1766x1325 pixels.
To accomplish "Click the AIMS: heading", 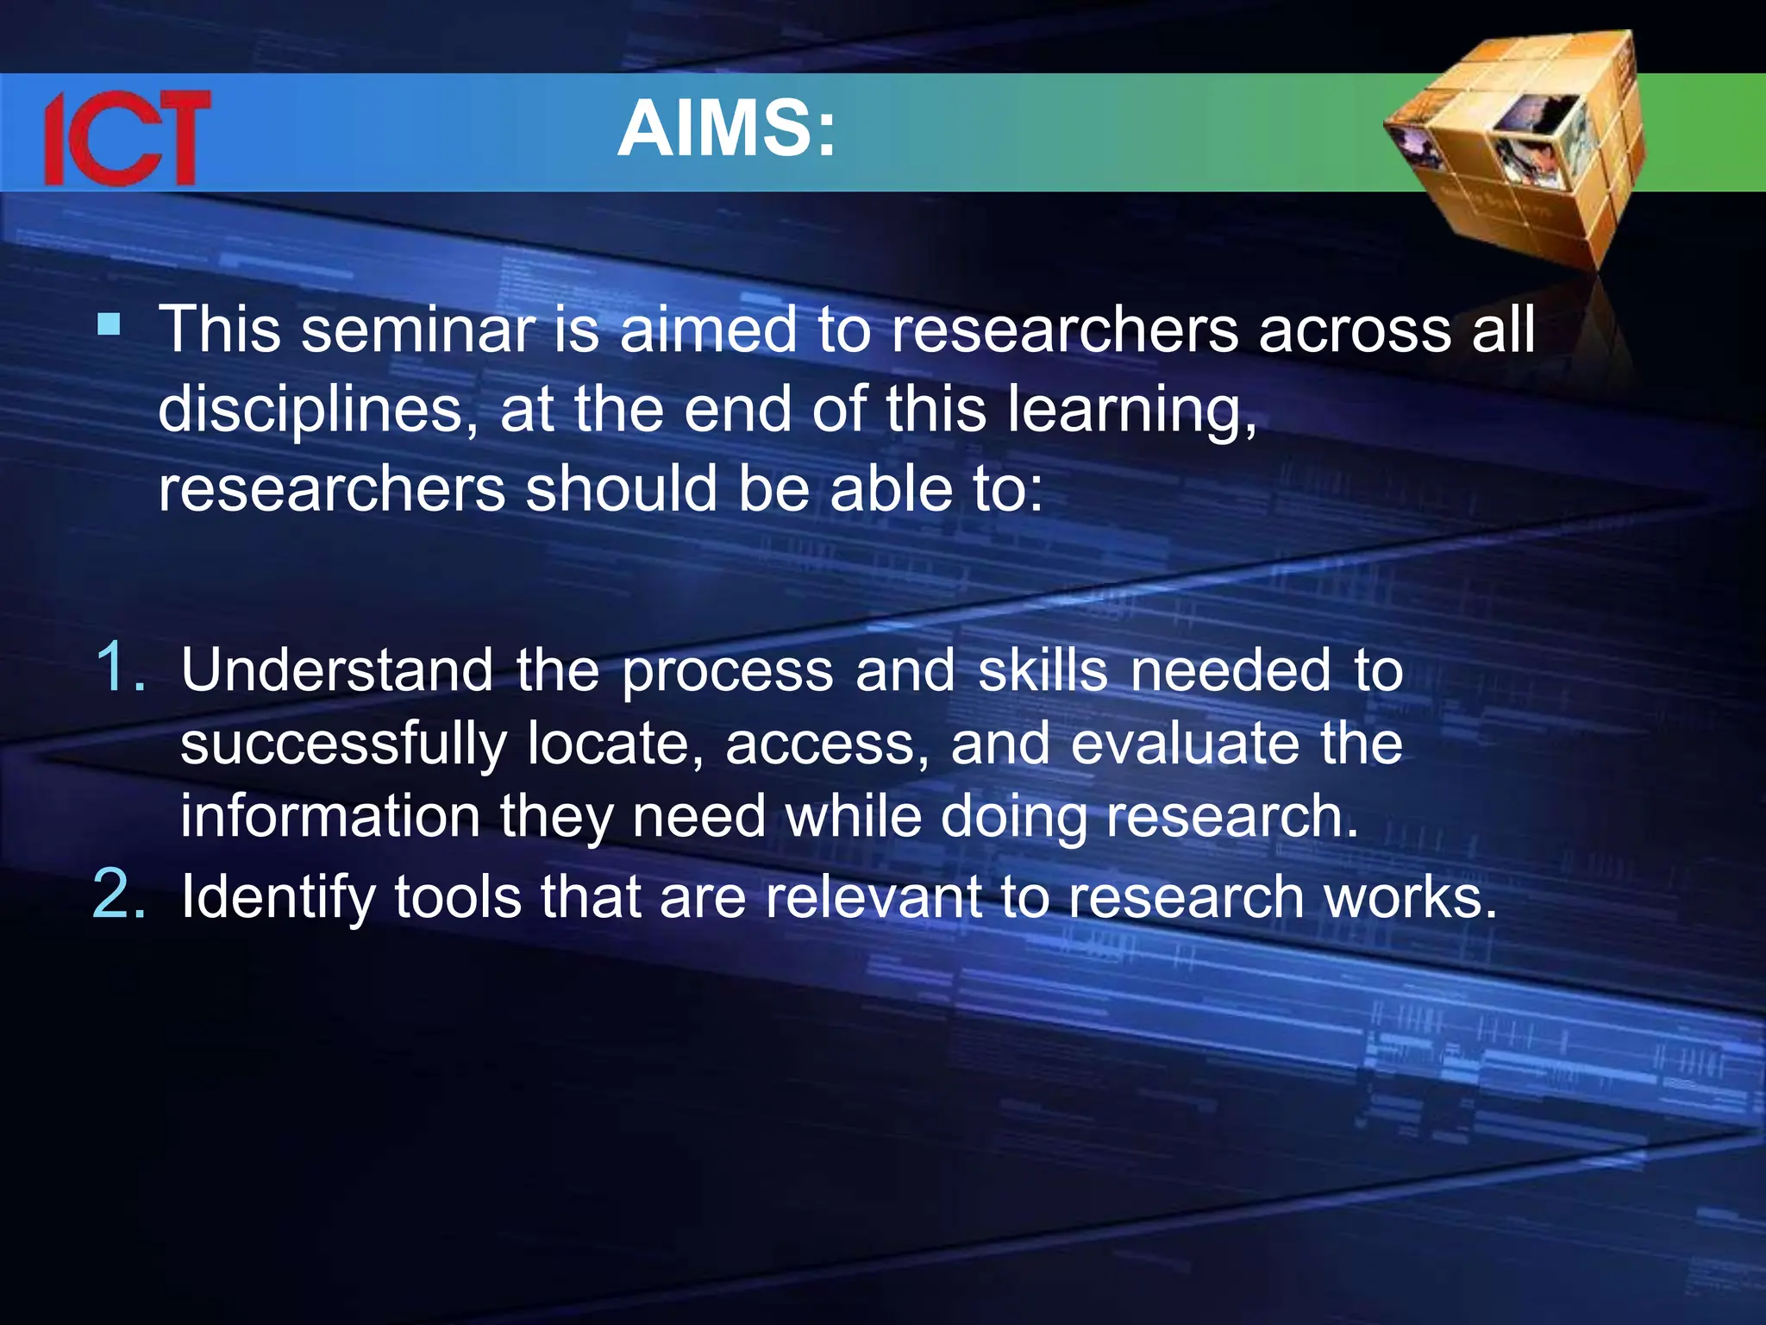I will point(727,129).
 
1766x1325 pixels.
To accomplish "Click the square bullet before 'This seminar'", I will point(109,325).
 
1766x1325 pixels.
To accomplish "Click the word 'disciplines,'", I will point(318,411).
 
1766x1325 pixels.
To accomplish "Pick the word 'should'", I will point(621,490).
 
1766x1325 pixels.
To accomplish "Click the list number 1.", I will point(119,668).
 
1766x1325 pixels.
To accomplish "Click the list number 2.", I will point(119,895).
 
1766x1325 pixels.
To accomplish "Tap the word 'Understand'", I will point(337,671).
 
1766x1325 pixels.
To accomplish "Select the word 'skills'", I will point(1043,671).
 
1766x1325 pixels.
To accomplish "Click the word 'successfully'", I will point(343,744).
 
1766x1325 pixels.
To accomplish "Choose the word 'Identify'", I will point(278,898).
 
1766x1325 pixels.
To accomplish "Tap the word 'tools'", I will point(458,897).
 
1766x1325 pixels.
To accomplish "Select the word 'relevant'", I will point(874,897).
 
